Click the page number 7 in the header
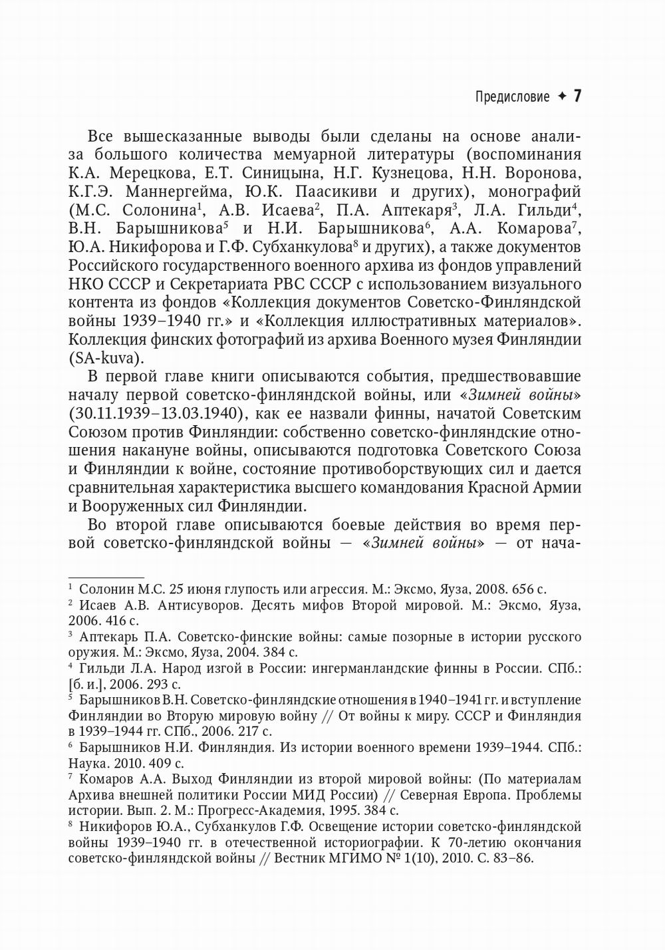click(x=577, y=96)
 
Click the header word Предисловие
click(x=512, y=97)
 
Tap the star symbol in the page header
click(x=562, y=96)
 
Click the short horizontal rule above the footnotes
click(x=106, y=577)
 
